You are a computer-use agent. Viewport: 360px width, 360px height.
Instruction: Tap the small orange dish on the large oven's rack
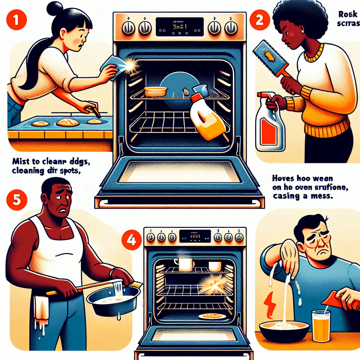pyautogui.click(x=155, y=92)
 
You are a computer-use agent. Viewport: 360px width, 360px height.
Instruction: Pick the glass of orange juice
pyautogui.click(x=321, y=326)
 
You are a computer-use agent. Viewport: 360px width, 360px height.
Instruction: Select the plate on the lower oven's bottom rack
pyautogui.click(x=212, y=316)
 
